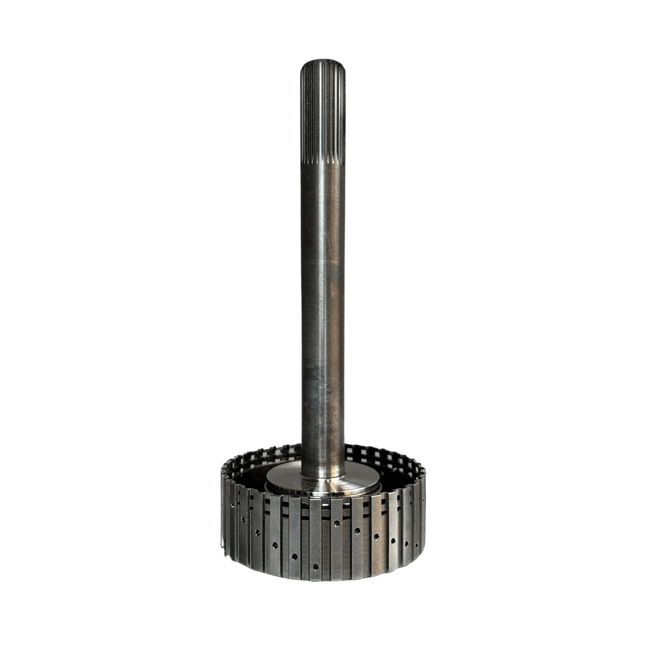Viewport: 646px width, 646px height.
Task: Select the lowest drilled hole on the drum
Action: click(315, 567)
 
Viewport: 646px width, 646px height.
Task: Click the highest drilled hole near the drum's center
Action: click(337, 524)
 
